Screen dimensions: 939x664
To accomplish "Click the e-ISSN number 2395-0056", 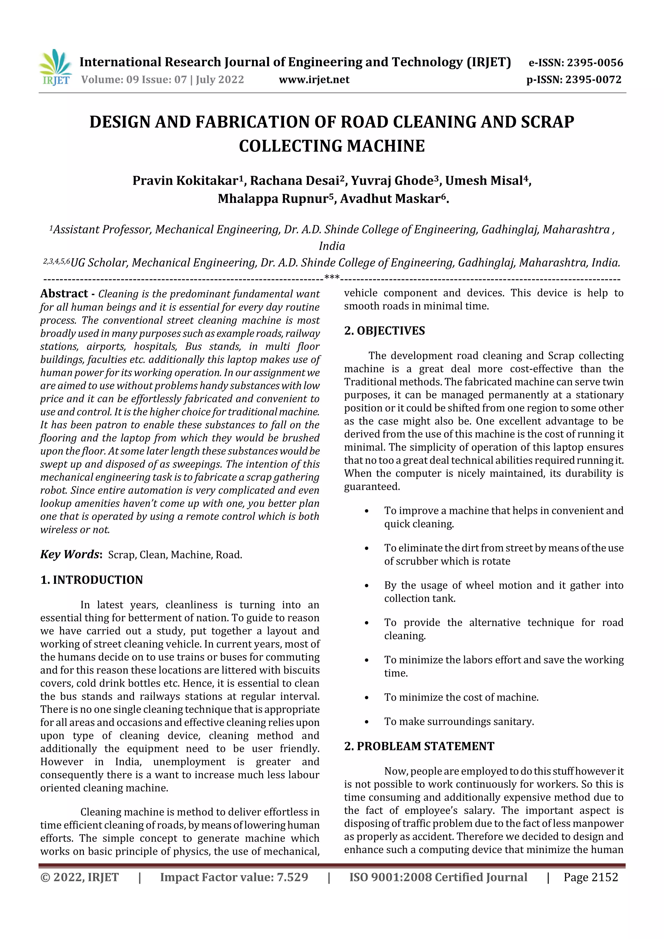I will coord(594,63).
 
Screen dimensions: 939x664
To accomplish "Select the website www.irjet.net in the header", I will coord(314,80).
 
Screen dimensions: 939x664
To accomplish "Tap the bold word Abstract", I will coord(64,294).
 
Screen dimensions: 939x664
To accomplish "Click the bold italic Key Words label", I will coord(70,555).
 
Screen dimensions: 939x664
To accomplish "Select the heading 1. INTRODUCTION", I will coord(92,580).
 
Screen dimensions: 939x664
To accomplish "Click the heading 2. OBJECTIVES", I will coord(384,331).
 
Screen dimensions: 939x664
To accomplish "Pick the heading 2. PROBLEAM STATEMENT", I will coord(419,746).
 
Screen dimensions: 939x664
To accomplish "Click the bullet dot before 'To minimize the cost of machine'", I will coord(367,698).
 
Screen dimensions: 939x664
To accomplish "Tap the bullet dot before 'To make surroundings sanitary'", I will coord(367,722).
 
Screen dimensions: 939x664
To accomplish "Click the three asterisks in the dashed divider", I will coord(332,278).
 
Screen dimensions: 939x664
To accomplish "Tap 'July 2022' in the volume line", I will coord(220,80).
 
